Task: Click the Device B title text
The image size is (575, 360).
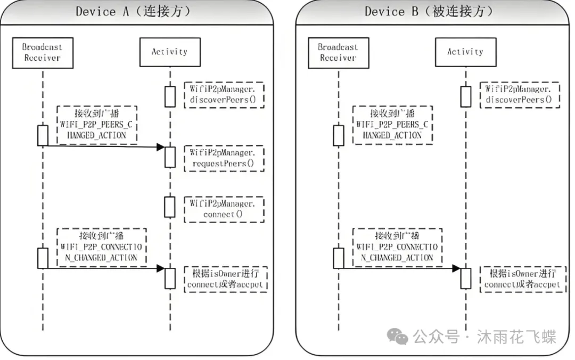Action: (429, 12)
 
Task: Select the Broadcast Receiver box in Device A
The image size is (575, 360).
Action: (42, 52)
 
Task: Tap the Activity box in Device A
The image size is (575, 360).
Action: (169, 52)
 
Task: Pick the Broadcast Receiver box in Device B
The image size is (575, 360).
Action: (338, 52)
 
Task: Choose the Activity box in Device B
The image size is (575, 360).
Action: (465, 52)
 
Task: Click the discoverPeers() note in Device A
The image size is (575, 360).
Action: (224, 94)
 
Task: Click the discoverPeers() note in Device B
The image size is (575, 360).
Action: (520, 94)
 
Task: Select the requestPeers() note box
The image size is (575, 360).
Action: (224, 158)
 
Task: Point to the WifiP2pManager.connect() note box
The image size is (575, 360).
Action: (224, 209)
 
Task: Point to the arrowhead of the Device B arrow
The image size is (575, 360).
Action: (456, 268)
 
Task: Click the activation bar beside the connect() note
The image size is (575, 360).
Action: (169, 207)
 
